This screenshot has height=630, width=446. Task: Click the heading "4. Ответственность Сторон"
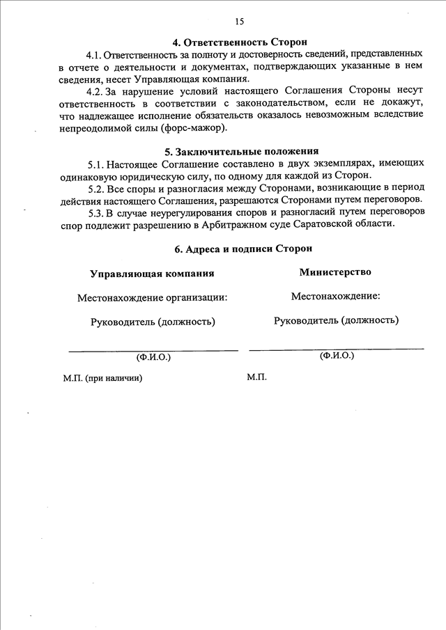tap(240, 42)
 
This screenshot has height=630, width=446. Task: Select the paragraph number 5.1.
tap(97, 164)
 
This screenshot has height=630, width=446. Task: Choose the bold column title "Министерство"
tap(335, 272)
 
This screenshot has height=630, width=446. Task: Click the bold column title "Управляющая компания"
tap(152, 274)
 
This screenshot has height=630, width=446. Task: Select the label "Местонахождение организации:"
tap(152, 297)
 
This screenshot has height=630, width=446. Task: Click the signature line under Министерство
tap(336, 347)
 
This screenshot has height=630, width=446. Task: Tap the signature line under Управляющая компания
tap(153, 349)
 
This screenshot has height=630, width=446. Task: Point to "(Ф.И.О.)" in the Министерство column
tap(337, 355)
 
